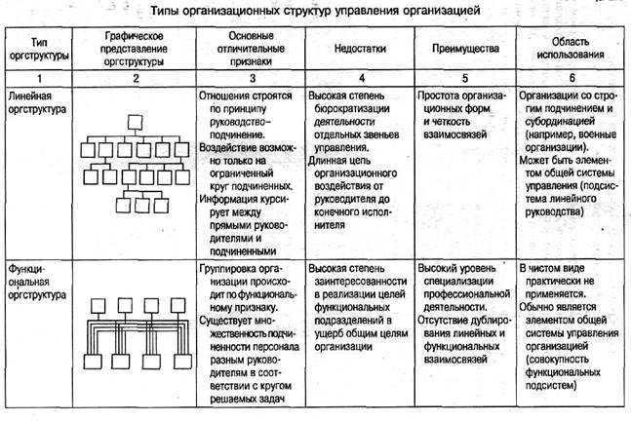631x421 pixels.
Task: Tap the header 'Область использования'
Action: point(570,48)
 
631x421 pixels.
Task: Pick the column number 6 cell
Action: point(570,76)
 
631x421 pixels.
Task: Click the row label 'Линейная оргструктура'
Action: point(34,103)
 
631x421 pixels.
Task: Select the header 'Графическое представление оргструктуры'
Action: point(135,48)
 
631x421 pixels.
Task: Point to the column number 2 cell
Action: point(135,76)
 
